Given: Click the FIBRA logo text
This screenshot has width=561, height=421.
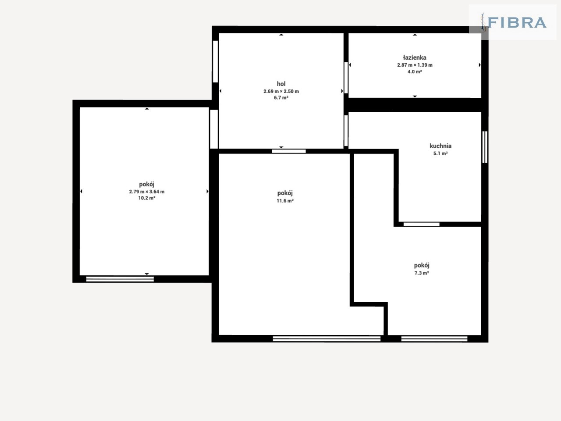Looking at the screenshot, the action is coord(517,22).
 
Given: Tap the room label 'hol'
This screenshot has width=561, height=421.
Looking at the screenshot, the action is coord(281,84).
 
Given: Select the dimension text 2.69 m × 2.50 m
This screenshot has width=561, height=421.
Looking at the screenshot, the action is coord(281,91).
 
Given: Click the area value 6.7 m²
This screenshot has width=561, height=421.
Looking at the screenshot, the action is coord(281,98).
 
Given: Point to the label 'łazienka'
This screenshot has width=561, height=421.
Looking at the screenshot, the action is coord(415,57).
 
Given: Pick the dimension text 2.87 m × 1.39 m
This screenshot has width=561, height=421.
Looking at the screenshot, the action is coord(415,65).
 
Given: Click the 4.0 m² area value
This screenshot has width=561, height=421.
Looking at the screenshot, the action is coord(415,71).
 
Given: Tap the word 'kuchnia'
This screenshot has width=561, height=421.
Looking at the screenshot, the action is coord(440,146).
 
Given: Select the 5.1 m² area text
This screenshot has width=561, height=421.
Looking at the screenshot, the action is coord(440,153).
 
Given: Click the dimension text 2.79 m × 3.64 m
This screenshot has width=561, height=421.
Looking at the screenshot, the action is coord(147,192).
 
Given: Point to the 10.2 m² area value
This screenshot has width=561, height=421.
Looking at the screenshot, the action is coord(147,198).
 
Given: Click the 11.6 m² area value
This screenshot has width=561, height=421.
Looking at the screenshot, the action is coord(285,201).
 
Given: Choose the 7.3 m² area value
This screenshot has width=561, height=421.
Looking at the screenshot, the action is coord(422,273).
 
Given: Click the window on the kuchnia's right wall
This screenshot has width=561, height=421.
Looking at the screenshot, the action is coord(485,147).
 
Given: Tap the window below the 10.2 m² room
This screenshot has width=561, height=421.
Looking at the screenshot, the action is coord(120,279).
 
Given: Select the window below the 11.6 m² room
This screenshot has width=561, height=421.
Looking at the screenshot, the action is coord(327,339).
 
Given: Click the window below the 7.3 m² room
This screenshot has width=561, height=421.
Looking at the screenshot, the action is coord(434,339).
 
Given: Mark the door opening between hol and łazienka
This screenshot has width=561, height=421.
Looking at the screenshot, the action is coord(346,78).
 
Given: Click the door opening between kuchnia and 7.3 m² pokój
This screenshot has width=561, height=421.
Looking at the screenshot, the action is coord(422,224).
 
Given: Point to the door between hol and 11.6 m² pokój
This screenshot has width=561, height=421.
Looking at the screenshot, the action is coord(288,151).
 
